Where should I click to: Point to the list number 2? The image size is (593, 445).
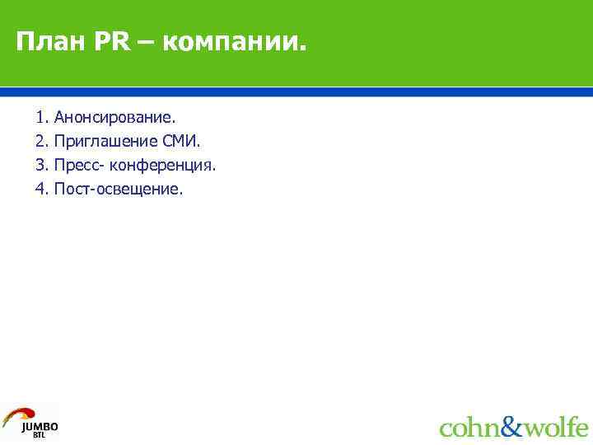tap(40, 142)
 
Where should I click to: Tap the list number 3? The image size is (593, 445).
tap(40, 166)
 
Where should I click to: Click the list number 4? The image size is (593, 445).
tap(40, 190)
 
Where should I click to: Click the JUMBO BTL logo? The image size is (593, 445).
tap(30, 421)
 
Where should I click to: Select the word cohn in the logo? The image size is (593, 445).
tap(469, 428)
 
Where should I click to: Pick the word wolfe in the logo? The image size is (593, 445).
tap(556, 427)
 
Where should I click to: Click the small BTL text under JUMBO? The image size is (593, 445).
tap(40, 435)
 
